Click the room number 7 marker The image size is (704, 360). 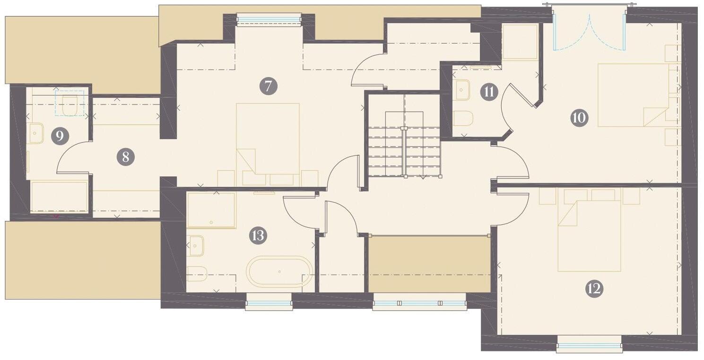[268, 86]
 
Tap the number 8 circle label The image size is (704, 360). [125, 157]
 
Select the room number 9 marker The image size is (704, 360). [60, 136]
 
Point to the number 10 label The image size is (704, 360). [579, 117]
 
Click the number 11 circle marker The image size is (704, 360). [489, 92]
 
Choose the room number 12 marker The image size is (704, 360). [594, 288]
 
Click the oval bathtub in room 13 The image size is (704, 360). [279, 272]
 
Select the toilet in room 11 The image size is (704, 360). [463, 118]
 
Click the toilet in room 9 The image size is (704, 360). [70, 105]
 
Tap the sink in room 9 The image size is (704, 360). [35, 133]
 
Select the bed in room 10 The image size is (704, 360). [634, 95]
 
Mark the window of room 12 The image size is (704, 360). [589, 344]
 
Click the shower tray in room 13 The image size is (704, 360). [211, 210]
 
